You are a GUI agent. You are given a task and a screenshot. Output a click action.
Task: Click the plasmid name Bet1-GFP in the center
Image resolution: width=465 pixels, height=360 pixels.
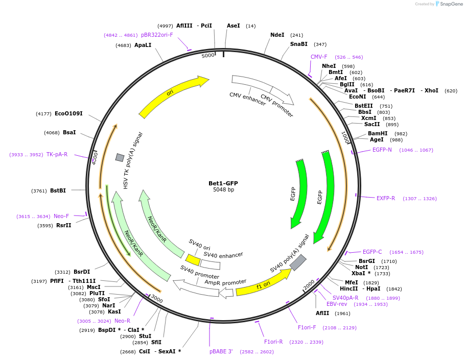coord(223,183)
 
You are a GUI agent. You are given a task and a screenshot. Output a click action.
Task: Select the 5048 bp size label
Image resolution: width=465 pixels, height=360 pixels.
coord(223,190)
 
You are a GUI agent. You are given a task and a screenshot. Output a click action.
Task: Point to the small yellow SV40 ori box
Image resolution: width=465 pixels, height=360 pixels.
coord(193,260)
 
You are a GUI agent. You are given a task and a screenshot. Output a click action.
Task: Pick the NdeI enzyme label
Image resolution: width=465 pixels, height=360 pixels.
coord(277,35)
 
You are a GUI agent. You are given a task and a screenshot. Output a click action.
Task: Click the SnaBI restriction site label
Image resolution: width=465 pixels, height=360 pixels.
coord(299,44)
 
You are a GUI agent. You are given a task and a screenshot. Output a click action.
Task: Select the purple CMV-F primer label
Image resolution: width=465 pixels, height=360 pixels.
coord(319,57)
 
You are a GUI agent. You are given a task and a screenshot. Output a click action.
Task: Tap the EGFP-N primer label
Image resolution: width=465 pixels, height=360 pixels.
coord(382,150)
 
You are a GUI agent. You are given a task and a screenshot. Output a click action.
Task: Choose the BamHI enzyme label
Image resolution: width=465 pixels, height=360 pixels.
coord(378,134)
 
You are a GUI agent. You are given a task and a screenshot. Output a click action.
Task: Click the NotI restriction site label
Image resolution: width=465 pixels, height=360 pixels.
coord(361,268)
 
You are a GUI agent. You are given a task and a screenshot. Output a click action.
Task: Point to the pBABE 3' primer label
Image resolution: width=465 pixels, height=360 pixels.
coord(221,352)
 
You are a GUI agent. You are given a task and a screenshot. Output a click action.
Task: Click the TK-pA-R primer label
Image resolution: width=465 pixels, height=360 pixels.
coord(57,155)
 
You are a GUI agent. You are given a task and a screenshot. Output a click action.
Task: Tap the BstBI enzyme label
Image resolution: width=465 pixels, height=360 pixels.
coord(58,191)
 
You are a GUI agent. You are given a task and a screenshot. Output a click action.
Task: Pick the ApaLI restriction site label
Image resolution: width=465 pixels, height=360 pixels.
coord(143,45)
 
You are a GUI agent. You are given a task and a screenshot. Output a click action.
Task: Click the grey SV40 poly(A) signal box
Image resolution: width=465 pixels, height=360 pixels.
coord(298,262)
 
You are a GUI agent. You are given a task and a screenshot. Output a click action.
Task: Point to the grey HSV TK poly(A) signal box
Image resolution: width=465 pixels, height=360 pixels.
coord(120,158)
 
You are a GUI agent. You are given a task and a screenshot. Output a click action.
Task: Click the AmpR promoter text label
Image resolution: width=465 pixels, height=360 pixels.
coord(225,282)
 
